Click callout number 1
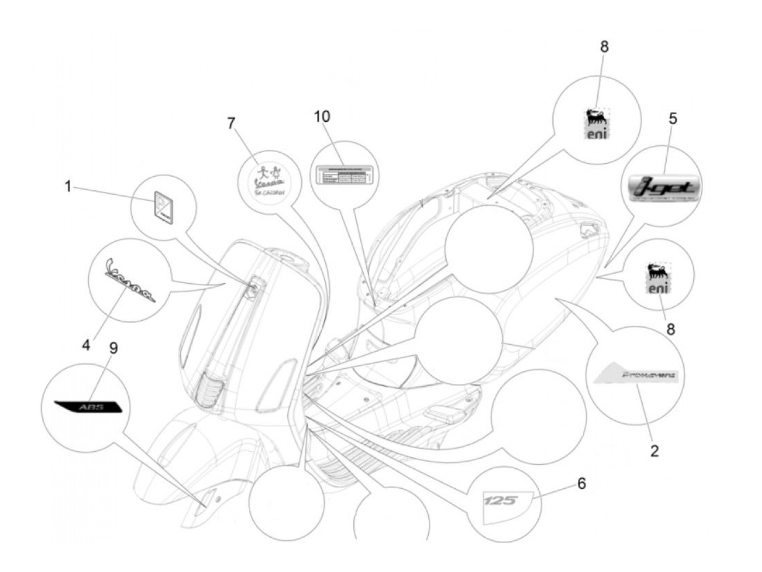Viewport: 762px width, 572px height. [68, 187]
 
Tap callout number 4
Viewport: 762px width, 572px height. [87, 345]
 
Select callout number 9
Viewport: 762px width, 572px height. [113, 347]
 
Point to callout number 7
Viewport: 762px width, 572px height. [232, 123]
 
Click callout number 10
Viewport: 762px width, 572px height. [322, 116]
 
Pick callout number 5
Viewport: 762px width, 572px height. [673, 119]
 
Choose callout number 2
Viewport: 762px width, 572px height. [654, 450]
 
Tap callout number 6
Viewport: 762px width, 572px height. [582, 483]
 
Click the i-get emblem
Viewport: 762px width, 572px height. [661, 188]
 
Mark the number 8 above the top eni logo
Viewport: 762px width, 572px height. [604, 47]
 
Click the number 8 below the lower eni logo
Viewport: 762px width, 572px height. [671, 329]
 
